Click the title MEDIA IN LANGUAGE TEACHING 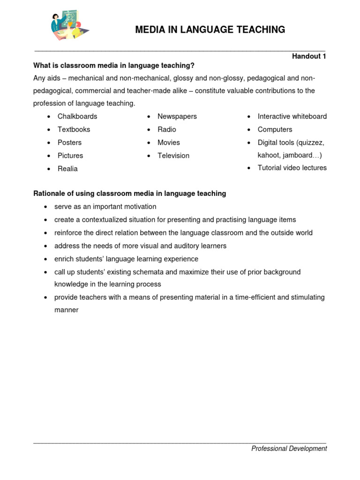point(210,30)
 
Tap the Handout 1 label point(309,56)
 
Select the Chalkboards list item point(77,116)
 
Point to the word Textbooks point(74,129)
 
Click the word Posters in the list point(69,142)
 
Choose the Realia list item point(67,169)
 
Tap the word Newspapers point(177,116)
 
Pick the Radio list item point(167,129)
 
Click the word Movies point(169,142)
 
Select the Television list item point(173,156)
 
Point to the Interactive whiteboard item point(292,116)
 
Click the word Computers point(275,129)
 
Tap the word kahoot point(269,155)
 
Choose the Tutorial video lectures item point(292,168)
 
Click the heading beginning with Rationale point(129,193)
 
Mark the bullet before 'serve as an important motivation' point(45,207)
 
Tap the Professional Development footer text point(289,449)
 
